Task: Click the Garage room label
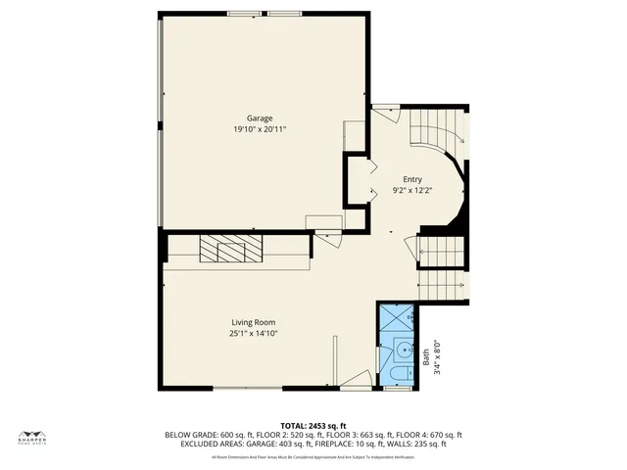coord(260,118)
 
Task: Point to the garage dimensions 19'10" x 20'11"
coord(260,128)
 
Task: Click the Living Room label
coord(253,323)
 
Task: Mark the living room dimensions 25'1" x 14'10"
coord(254,333)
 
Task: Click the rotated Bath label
coord(426,358)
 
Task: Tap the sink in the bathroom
coord(402,349)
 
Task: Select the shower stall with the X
coord(398,317)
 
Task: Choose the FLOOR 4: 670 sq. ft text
coord(435,435)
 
